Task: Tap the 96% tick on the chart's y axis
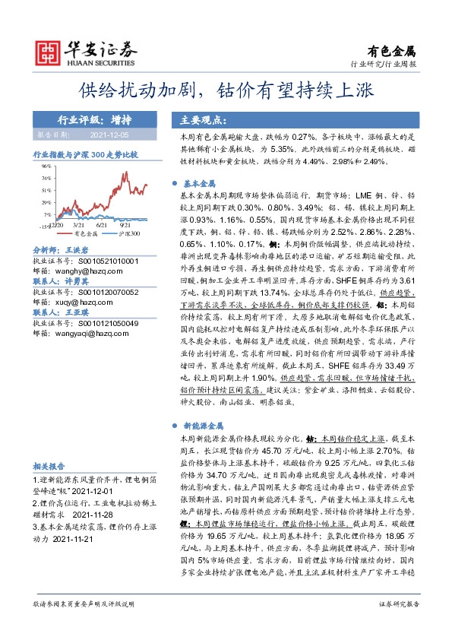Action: tap(46, 166)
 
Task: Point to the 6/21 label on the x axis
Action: tap(101, 226)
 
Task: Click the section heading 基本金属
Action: tap(199, 183)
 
